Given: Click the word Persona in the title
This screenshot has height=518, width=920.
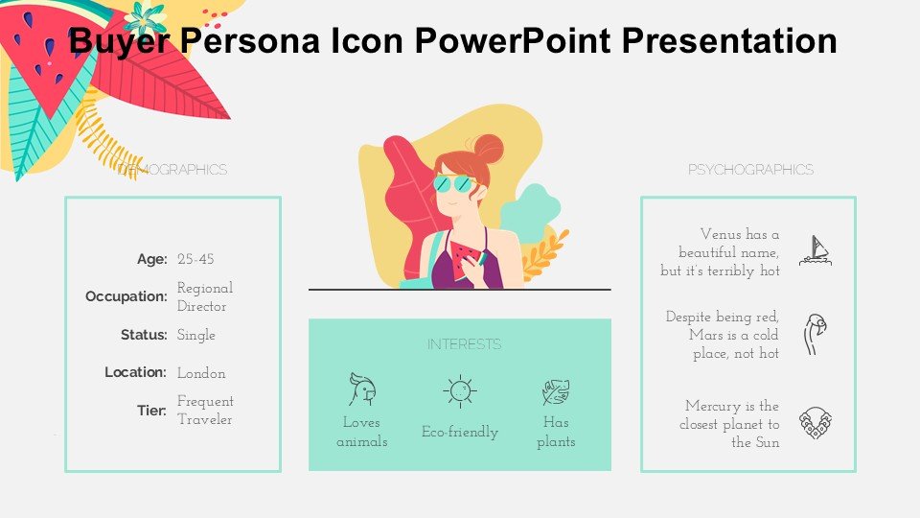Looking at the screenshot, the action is pos(249,41).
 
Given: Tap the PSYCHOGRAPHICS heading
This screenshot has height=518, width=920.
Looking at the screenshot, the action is pos(750,170).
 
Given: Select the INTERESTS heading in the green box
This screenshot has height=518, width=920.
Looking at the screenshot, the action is pos(464,344).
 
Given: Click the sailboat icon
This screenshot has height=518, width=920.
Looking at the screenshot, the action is pos(816,250).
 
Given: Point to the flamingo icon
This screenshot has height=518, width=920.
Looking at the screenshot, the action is pos(815,334).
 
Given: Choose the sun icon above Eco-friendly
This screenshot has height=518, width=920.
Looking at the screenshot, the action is pos(459,391).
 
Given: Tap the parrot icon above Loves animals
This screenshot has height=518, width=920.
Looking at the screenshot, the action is pos(362,389).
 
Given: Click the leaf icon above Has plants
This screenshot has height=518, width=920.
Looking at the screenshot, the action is pos(556,392).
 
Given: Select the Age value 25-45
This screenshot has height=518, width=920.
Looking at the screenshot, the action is pos(195,259).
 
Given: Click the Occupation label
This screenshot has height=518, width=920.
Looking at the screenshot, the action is pos(126,296).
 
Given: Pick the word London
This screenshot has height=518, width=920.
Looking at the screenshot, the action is pos(201,373).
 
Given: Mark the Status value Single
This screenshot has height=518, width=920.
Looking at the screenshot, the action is pos(195,336).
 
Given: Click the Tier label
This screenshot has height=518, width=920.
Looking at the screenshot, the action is pos(152,411).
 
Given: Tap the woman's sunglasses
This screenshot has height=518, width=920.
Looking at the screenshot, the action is pos(453,184).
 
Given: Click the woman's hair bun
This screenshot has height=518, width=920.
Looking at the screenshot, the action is pos(489,149).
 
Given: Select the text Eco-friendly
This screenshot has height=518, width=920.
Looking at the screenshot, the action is pos(460,433).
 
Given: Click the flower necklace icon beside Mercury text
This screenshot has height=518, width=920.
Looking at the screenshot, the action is pos(816,423).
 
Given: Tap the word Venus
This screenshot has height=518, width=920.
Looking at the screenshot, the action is pos(721,234).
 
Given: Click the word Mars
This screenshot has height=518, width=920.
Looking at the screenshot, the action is pos(706,335).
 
